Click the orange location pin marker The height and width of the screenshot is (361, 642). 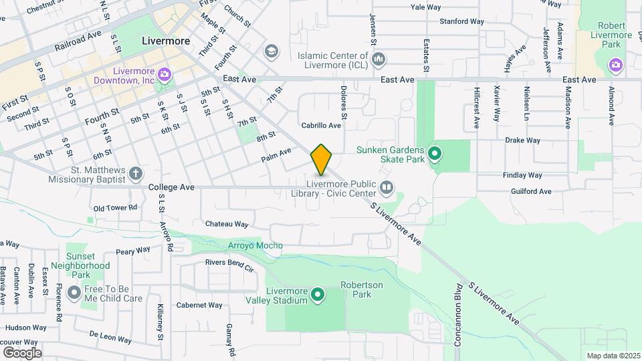point(322,159)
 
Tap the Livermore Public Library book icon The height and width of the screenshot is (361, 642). point(386,188)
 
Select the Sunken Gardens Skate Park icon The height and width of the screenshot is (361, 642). point(435,155)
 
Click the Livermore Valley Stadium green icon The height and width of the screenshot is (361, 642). point(318,294)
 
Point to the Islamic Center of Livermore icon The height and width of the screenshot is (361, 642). point(379,60)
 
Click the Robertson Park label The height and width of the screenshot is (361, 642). point(362,289)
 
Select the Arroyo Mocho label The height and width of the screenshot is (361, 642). point(255,245)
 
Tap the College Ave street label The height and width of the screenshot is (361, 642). point(171,188)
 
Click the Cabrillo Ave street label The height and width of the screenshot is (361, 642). point(321,125)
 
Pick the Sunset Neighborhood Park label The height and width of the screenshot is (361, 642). point(88,265)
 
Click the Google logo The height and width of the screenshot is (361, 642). point(22,352)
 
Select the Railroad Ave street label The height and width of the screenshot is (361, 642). point(78,39)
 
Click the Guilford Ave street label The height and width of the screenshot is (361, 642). point(527,191)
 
